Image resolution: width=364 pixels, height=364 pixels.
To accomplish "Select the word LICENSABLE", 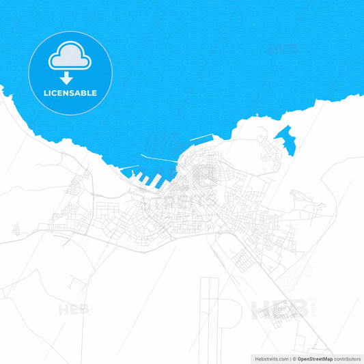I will (70, 93).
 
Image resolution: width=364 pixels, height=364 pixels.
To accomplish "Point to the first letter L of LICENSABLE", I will (46, 93).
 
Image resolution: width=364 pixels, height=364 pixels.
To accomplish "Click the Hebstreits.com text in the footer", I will (270, 358).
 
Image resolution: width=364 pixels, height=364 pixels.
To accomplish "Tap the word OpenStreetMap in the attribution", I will (313, 358).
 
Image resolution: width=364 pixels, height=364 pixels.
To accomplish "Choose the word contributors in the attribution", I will (346, 358).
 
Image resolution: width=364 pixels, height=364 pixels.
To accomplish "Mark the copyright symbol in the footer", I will (294, 358).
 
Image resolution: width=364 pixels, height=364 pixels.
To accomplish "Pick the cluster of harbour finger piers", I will (147, 179).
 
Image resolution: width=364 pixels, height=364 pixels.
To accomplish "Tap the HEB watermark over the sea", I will (283, 48).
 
